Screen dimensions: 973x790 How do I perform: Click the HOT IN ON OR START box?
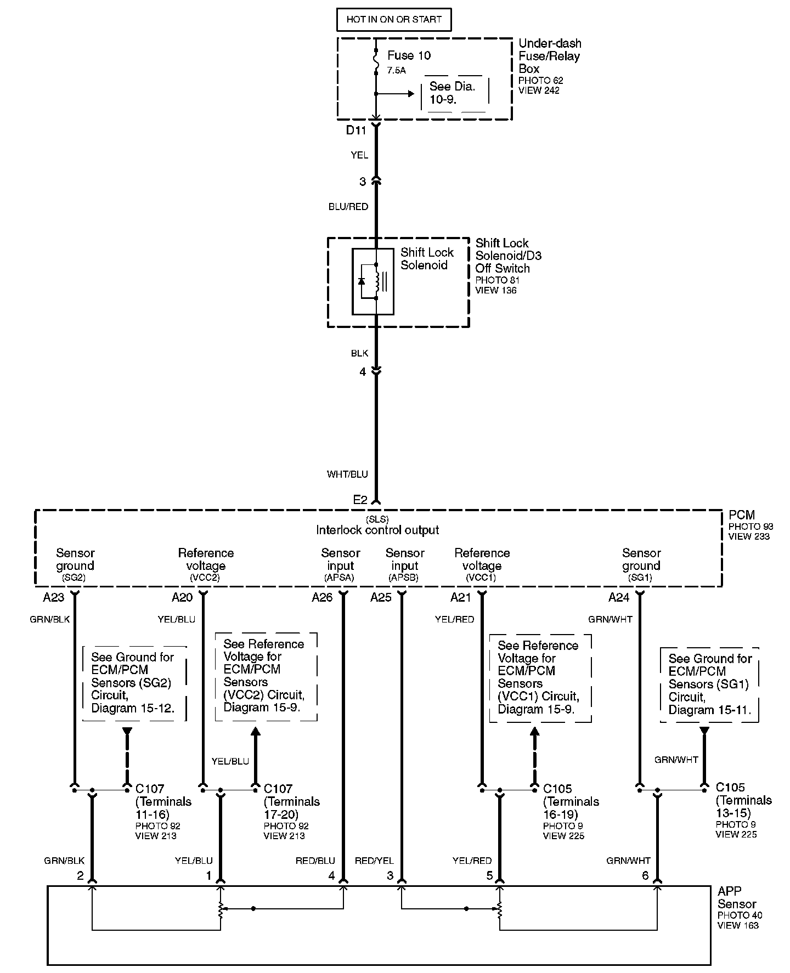click(393, 19)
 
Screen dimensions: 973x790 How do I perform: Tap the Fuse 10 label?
click(409, 55)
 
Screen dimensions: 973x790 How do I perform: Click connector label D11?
click(356, 131)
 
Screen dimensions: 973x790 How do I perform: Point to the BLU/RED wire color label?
click(348, 207)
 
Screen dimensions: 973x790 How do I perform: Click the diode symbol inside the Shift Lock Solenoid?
click(362, 281)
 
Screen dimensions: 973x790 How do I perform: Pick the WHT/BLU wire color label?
click(347, 474)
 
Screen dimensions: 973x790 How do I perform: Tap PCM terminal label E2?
click(360, 500)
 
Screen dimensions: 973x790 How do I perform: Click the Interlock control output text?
click(377, 530)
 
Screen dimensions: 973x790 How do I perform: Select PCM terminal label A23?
click(53, 597)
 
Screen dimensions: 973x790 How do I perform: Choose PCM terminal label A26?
click(322, 597)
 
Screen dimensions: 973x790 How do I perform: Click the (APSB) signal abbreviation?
click(404, 578)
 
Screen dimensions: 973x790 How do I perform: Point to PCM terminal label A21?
click(461, 597)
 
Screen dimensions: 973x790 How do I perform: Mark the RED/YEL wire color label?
click(374, 861)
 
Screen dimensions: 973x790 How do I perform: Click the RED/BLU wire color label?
click(315, 861)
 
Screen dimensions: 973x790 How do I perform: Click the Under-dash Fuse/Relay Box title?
click(549, 56)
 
